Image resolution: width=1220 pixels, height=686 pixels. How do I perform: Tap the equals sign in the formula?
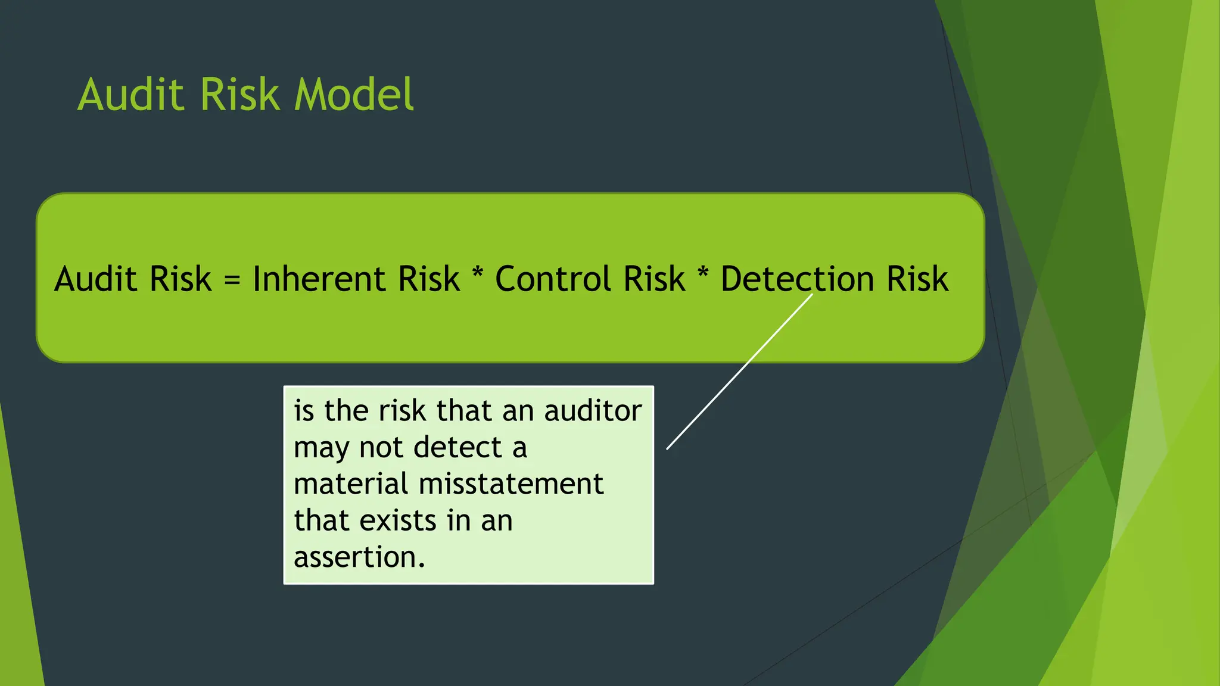232,279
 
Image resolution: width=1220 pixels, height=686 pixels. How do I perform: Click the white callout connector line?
739,372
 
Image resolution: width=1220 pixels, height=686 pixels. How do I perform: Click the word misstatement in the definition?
511,484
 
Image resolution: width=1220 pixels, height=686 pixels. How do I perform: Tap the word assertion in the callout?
359,557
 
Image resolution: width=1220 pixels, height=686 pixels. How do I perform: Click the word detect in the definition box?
457,447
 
